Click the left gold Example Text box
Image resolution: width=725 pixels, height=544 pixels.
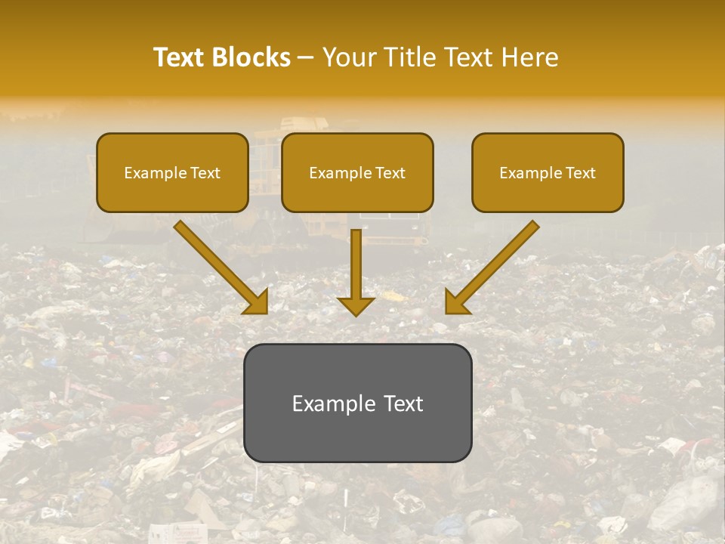[172, 172]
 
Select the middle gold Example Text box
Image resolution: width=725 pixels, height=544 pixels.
[357, 172]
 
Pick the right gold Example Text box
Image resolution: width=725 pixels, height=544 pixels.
[548, 172]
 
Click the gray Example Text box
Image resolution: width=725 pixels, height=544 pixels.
[357, 403]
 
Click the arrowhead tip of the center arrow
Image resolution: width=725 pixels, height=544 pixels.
[356, 314]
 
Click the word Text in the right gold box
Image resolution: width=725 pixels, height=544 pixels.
[580, 173]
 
